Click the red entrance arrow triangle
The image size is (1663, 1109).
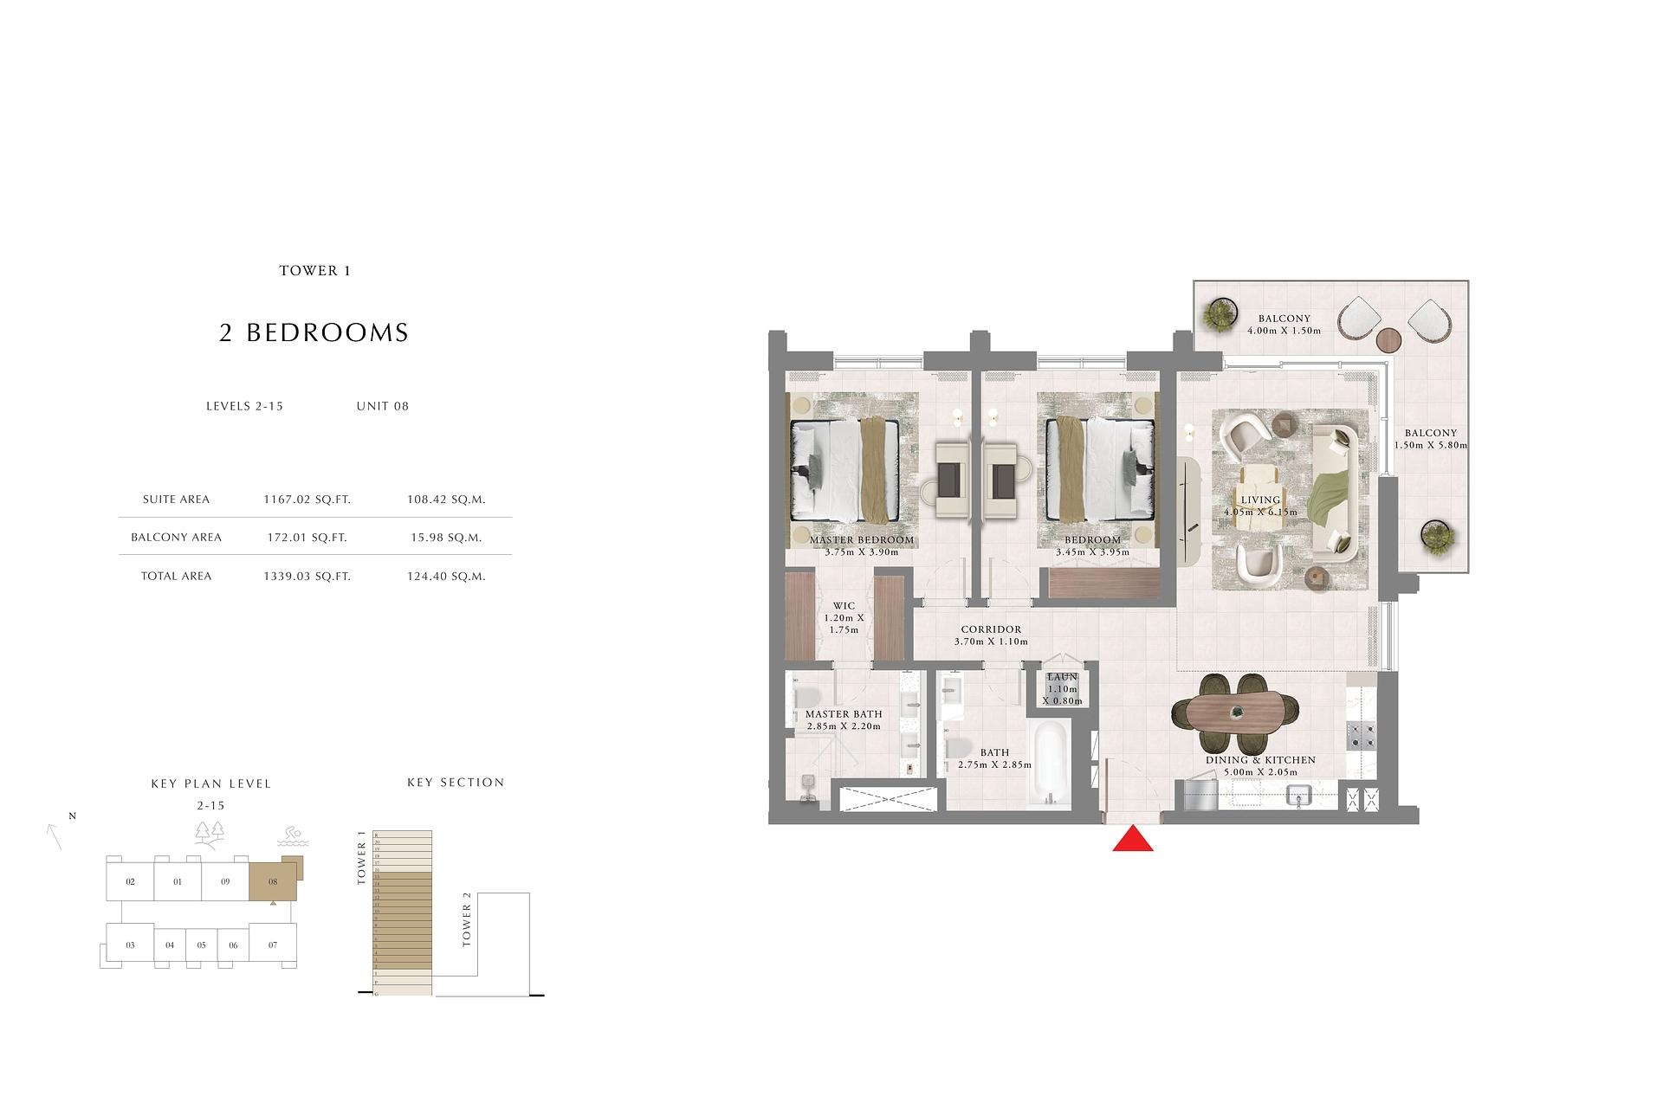tap(1132, 841)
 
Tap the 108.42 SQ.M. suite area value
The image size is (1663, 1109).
tap(446, 500)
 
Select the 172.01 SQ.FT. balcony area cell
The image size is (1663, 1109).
tap(307, 538)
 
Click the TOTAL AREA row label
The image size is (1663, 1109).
tap(176, 577)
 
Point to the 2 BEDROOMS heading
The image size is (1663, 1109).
tap(314, 333)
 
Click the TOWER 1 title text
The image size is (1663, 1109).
tap(314, 271)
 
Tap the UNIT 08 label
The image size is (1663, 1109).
tap(382, 406)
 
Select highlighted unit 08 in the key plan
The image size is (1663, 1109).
tap(272, 883)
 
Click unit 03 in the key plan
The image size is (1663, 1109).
tap(130, 945)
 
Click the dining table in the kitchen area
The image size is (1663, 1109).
tap(1235, 713)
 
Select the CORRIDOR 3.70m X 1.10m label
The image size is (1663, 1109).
tap(990, 635)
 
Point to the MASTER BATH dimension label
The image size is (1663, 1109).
tap(843, 720)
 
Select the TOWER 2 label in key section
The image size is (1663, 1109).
tap(467, 925)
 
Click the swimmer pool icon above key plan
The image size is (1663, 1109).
tap(290, 836)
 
